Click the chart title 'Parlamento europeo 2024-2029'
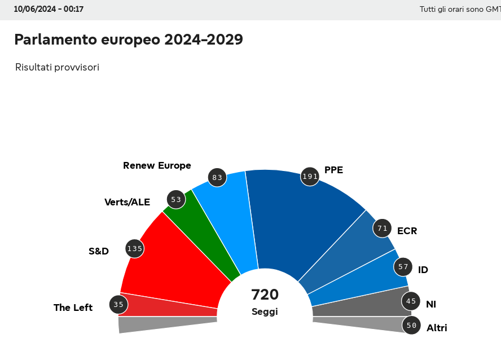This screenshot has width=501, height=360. pos(129,39)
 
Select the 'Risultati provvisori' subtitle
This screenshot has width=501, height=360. pos(57,67)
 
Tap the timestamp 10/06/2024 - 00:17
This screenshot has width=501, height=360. pos(49,9)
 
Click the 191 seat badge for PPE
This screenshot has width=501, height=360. pos(310,177)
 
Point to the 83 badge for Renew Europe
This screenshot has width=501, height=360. pos(217,178)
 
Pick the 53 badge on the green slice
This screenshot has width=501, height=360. pos(176,200)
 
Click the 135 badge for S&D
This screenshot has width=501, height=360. pos(134,248)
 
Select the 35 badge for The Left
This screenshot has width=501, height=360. pos(118,305)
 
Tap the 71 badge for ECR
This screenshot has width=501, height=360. pos(383,229)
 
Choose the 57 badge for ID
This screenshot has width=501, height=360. pos(403,267)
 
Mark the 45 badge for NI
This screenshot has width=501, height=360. pos(411,301)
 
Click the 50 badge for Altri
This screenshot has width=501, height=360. pos(411,325)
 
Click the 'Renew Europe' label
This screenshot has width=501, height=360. pos(157,165)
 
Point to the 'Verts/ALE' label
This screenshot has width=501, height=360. pos(127,202)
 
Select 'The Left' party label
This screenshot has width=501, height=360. pos(73,308)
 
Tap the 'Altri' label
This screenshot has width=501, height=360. pos(437,328)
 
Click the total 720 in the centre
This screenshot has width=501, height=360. pos(265,295)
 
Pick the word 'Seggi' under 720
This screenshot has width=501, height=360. pos(265,311)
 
